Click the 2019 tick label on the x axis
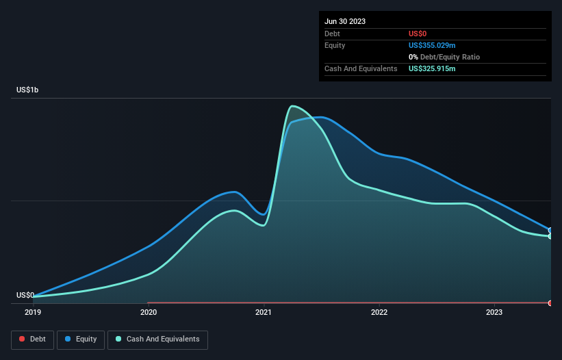pos(33,312)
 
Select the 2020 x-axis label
pos(149,312)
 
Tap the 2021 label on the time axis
pos(264,312)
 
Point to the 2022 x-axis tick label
pos(379,312)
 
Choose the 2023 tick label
pos(494,312)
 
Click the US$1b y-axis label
pos(27,90)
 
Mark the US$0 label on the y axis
pos(25,295)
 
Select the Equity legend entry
pos(81,339)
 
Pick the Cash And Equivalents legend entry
pos(157,339)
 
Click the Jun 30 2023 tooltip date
pos(345,21)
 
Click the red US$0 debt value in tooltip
pos(418,34)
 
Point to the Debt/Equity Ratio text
pos(449,57)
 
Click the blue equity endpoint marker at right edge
pos(550,231)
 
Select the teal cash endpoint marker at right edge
pos(550,236)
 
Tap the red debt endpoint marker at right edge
pos(550,303)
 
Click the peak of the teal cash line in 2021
pos(293,106)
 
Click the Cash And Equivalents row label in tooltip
pos(361,68)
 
